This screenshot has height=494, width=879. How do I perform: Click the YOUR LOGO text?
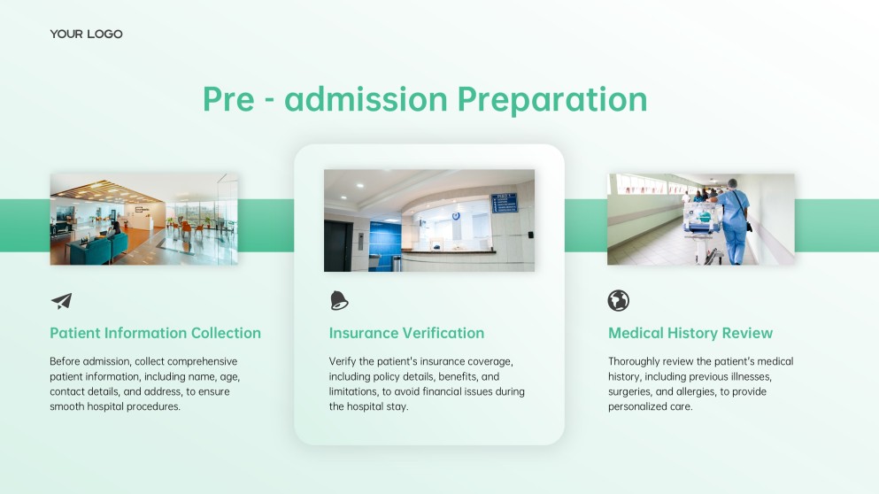click(86, 34)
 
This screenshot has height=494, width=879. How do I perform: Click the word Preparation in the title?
click(551, 99)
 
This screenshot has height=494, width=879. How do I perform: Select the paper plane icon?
click(61, 301)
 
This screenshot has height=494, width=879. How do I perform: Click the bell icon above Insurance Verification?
click(339, 301)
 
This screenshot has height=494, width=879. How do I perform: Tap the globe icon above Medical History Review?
click(618, 301)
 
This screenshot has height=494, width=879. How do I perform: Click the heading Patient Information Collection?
click(155, 334)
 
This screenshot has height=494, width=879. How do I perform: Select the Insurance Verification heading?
click(406, 334)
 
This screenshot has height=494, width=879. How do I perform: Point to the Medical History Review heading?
click(690, 334)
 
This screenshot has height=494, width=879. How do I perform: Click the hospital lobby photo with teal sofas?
click(143, 219)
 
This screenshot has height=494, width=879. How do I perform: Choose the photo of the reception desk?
click(428, 220)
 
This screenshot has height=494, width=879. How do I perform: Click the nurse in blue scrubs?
click(734, 221)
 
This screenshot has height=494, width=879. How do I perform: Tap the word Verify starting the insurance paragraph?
click(342, 361)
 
